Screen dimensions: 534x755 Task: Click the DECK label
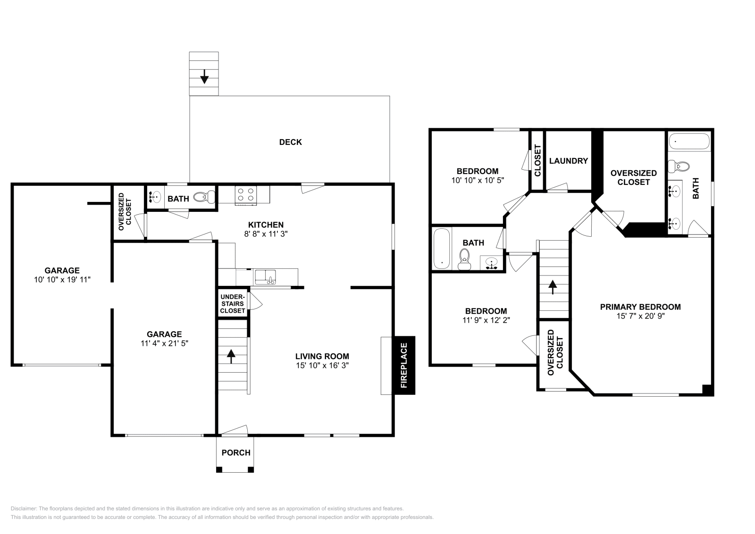290,142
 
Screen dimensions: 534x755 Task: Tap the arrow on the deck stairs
204,76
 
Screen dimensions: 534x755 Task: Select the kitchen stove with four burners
246,195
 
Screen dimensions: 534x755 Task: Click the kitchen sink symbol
266,276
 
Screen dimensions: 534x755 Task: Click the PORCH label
236,453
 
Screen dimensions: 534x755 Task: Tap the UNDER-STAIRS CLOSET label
233,304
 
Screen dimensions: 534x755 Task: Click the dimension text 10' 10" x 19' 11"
62,280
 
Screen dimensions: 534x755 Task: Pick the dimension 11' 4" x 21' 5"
164,343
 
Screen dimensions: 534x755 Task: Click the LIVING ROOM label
322,357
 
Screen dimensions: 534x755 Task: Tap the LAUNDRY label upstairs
569,161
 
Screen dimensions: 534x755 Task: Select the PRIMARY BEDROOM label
640,307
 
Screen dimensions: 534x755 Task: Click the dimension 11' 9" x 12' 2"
486,320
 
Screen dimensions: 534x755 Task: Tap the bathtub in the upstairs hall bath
442,249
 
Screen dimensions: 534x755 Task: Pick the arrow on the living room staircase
231,356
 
